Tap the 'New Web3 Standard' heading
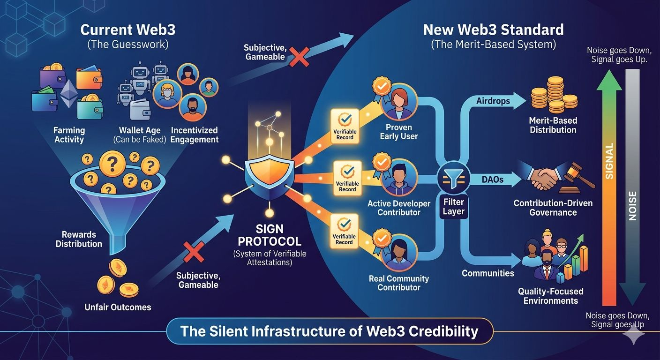click(493, 30)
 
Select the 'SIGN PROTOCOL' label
click(269, 235)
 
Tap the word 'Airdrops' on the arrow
click(493, 101)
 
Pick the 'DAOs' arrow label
click(493, 179)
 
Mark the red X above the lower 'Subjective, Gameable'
click(195, 253)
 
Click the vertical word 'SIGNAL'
click(609, 161)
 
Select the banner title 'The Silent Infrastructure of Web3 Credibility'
click(330, 331)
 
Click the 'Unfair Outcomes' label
click(118, 307)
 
